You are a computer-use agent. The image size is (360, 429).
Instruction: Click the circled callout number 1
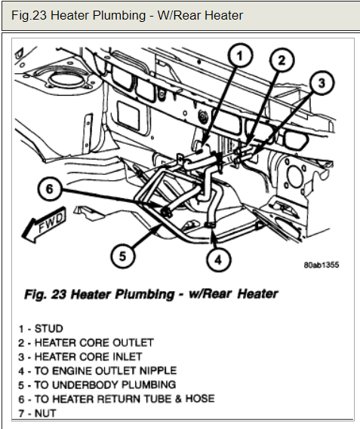(x=240, y=56)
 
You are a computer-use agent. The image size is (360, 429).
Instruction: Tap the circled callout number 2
(x=282, y=60)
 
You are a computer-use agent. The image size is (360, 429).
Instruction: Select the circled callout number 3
(x=322, y=83)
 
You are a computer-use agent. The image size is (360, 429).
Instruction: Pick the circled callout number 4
(x=218, y=259)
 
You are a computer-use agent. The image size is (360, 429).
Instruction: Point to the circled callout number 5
(x=122, y=256)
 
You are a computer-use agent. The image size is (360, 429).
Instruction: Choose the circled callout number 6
(x=49, y=188)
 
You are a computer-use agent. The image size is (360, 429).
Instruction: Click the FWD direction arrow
(x=44, y=225)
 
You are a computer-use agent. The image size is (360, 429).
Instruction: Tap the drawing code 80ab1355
(x=321, y=265)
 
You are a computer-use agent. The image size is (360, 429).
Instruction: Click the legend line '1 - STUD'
(x=41, y=329)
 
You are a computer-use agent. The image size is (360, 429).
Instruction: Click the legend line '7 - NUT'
(x=37, y=413)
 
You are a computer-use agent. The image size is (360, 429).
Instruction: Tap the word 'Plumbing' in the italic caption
(x=144, y=294)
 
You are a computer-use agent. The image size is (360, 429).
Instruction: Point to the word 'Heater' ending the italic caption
(x=257, y=294)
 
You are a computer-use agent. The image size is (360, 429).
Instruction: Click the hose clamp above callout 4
(x=210, y=225)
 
